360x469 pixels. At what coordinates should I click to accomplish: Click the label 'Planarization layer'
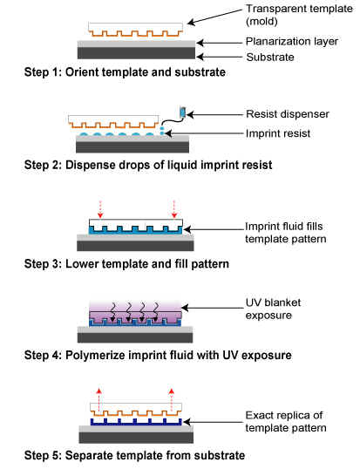click(x=292, y=41)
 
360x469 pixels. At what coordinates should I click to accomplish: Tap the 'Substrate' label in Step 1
click(x=270, y=58)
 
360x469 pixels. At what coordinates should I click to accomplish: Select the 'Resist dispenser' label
click(x=288, y=114)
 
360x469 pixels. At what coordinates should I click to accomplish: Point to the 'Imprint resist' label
click(x=278, y=133)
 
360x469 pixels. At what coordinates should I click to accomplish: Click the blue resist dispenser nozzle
click(x=183, y=112)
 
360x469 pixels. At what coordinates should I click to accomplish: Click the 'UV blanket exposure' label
click(x=273, y=309)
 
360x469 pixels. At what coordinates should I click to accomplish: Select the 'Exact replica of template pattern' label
click(x=286, y=421)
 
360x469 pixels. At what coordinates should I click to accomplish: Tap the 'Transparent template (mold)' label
click(x=299, y=15)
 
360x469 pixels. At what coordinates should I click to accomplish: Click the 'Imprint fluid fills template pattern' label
click(x=285, y=233)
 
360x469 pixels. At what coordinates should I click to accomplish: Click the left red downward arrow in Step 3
click(x=100, y=209)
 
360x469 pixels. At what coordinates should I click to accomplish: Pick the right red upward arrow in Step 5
click(x=171, y=399)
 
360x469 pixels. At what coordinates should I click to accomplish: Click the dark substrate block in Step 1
click(x=136, y=53)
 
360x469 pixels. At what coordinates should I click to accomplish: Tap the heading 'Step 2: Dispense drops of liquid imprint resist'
click(x=148, y=165)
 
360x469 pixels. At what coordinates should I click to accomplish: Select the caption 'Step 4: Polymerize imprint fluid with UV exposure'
click(x=158, y=356)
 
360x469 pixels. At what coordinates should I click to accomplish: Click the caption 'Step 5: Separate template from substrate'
click(x=134, y=455)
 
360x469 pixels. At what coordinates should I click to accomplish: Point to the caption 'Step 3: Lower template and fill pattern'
click(x=126, y=264)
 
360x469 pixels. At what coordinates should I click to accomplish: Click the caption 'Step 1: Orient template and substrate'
click(x=125, y=72)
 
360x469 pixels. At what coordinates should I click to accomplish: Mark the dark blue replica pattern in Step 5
click(x=136, y=422)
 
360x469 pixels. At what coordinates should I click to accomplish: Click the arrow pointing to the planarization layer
click(x=219, y=43)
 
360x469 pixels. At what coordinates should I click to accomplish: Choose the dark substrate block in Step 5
click(x=136, y=438)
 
